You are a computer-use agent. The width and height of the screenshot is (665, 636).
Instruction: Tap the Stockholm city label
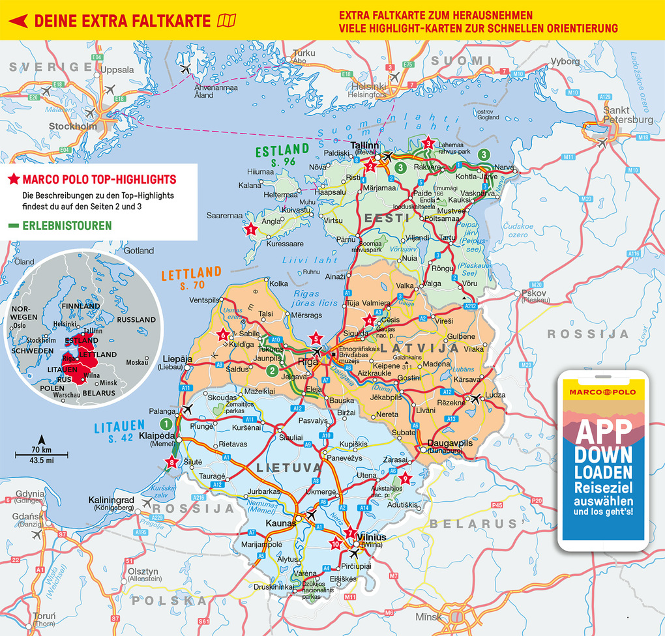(72, 126)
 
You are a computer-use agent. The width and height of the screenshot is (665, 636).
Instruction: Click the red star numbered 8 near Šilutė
(172, 463)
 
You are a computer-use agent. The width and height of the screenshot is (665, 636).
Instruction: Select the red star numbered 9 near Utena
(406, 479)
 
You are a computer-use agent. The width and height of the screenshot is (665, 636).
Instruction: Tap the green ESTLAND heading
(282, 151)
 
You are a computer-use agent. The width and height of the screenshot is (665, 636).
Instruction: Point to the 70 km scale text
(41, 450)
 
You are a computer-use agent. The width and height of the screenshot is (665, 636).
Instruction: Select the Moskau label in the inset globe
(138, 362)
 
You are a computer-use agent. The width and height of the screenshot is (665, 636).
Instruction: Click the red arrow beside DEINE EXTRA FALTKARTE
(17, 21)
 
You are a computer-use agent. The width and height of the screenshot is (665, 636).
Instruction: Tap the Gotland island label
(139, 250)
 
